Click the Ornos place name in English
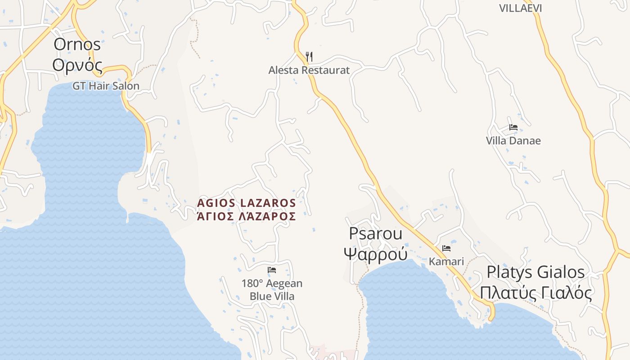point(77,45)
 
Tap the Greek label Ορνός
point(77,65)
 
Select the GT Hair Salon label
point(106,85)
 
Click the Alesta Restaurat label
point(309,70)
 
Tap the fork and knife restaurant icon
point(309,57)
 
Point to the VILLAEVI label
point(520,8)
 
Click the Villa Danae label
point(513,140)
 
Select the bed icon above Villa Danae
point(513,127)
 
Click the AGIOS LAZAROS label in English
point(247,203)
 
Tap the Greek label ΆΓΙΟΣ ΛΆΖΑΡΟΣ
point(247,216)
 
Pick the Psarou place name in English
point(375,234)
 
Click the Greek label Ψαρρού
point(375,254)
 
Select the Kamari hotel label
point(446,261)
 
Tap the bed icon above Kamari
point(446,248)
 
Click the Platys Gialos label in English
point(535,272)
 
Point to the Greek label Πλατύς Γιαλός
point(535,292)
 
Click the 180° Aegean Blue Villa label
point(272,290)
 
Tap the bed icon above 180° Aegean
point(272,270)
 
